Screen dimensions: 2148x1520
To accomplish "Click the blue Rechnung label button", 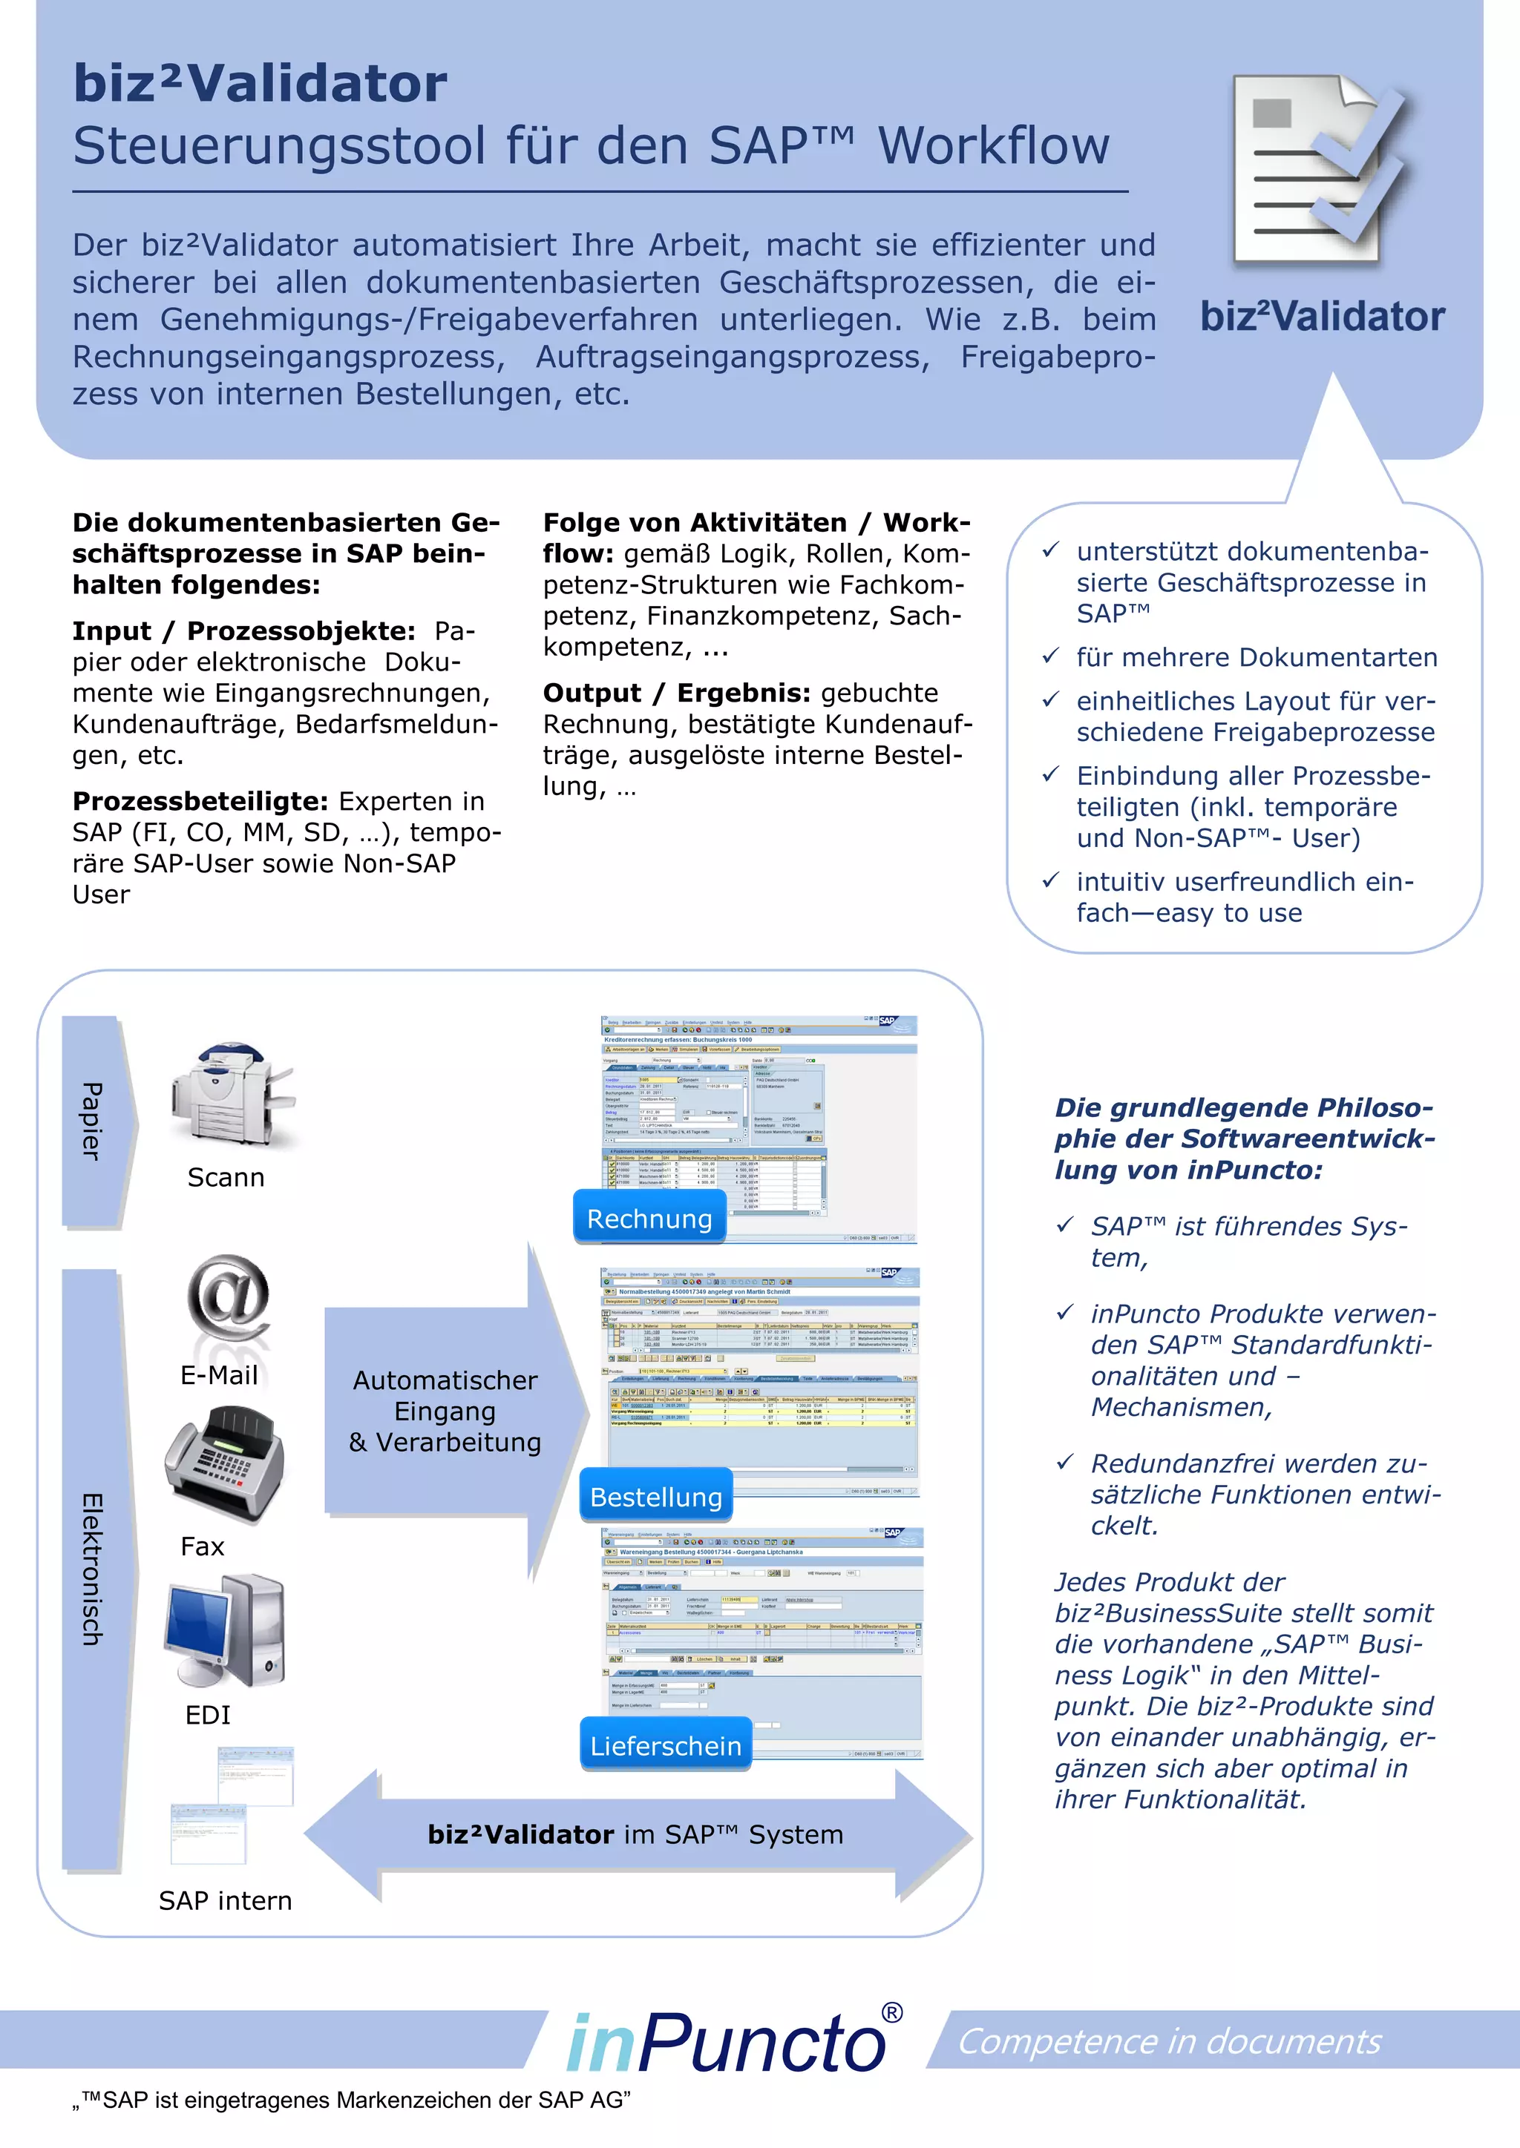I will pos(649,1217).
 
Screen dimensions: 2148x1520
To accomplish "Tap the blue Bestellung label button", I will pos(656,1496).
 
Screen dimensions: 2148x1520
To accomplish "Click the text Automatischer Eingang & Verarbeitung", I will pos(445,1411).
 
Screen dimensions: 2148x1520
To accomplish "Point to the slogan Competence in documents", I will pos(1169,2041).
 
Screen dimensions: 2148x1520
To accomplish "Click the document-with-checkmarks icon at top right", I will pos(1323,172).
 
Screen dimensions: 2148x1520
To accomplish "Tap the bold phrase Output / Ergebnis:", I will pos(677,694).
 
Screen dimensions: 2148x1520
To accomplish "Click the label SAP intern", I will pos(226,1900).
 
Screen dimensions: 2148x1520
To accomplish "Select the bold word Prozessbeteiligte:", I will pos(200,802).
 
